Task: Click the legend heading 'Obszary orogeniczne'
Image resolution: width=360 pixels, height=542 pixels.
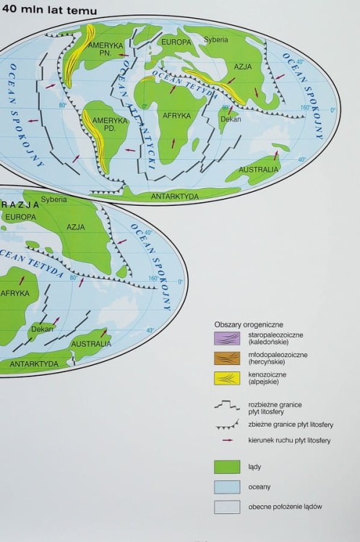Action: [x=249, y=324]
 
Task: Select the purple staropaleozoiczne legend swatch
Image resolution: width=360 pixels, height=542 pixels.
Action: [x=226, y=337]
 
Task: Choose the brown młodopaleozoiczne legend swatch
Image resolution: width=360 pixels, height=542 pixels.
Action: [x=226, y=358]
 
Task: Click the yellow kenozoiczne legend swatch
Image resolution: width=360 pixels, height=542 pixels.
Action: [x=226, y=378]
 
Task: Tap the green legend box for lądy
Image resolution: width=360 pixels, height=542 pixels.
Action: [x=226, y=466]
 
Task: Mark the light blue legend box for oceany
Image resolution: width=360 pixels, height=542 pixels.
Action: [x=226, y=486]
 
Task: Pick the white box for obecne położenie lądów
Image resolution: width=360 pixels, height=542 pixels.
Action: [x=226, y=507]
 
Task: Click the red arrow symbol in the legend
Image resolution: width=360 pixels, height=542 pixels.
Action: [x=226, y=440]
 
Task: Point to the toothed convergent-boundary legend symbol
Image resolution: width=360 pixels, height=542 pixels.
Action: [x=226, y=424]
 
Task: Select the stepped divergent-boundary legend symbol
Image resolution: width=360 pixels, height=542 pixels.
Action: [x=226, y=406]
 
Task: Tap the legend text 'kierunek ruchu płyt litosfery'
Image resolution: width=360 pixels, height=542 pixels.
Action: [x=289, y=440]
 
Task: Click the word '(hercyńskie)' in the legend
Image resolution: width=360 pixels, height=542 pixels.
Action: [x=267, y=362]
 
